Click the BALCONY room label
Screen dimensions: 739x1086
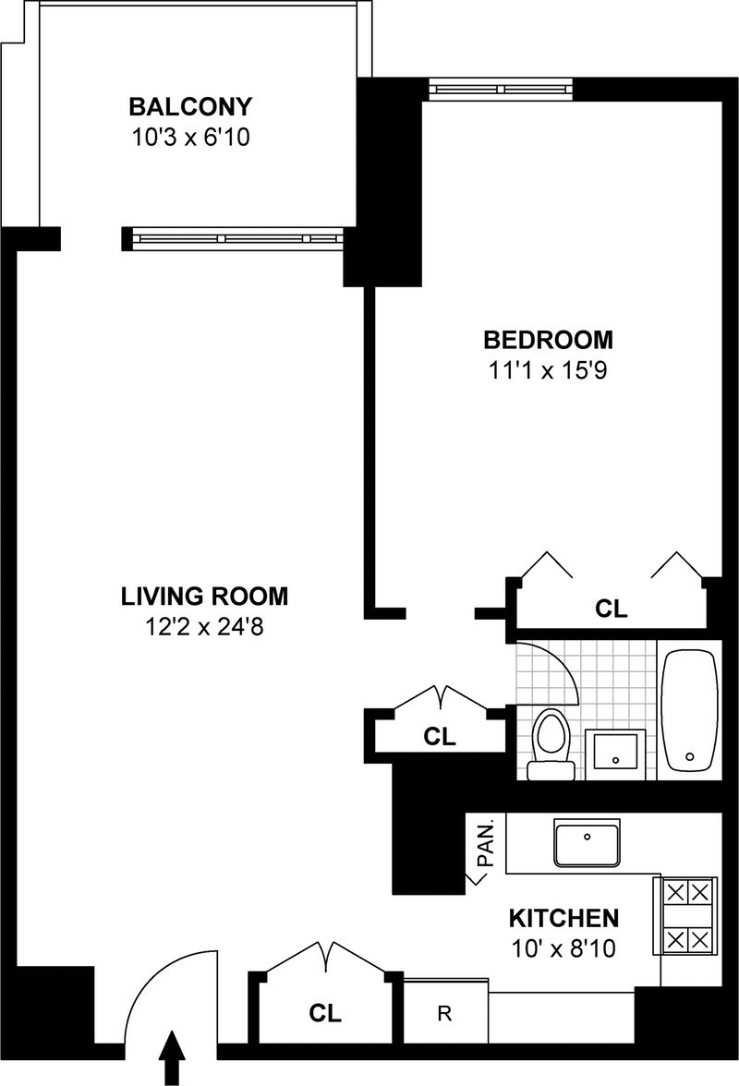coord(190,107)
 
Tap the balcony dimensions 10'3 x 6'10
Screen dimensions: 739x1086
coord(190,137)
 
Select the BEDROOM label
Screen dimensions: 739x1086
coord(548,340)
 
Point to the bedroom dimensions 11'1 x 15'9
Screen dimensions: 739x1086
coord(548,370)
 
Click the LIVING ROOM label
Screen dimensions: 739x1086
coord(204,597)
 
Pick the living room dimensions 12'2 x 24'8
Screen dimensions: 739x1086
coord(204,627)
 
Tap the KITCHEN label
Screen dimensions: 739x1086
coord(563,918)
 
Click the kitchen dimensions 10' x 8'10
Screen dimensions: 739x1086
coord(563,947)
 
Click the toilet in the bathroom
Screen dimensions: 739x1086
coord(551,744)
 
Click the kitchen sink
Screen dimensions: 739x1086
coord(587,843)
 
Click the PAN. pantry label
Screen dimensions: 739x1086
coord(487,844)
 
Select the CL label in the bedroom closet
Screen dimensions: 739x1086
coord(612,609)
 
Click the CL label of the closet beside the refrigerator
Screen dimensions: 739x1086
coord(325,1013)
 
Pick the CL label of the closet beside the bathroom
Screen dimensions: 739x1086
coord(440,736)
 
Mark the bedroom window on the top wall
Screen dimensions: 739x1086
coord(502,89)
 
